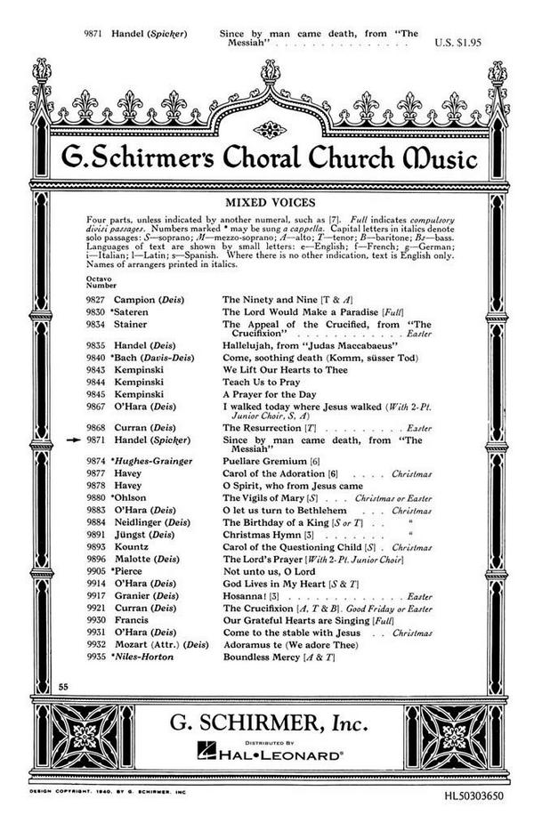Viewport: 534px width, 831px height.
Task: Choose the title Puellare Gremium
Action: tap(265, 463)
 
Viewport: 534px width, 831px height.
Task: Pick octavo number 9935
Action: tap(95, 656)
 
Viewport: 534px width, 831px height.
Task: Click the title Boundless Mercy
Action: tap(263, 656)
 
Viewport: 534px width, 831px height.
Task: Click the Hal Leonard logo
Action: tap(267, 755)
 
